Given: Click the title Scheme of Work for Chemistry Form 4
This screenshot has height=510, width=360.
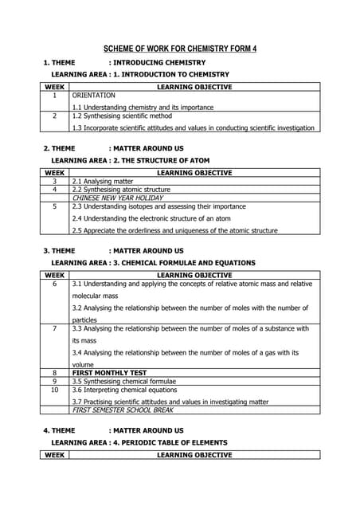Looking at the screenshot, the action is point(181,49).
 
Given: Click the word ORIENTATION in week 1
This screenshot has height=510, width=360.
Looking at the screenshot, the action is point(93,95).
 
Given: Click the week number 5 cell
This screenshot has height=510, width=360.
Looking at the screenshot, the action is point(54,206).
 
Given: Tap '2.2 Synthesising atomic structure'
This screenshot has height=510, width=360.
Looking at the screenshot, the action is point(121,190).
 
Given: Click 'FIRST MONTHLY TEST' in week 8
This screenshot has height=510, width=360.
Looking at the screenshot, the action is point(109,372).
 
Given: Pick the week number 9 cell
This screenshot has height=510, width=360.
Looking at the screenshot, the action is point(54,381).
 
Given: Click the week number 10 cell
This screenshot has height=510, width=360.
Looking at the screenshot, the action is point(54,390).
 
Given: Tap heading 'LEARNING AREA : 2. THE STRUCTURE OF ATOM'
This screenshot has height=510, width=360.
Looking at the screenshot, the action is point(130,160).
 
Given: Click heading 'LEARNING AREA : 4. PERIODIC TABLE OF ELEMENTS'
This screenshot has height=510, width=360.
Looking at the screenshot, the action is point(139,442).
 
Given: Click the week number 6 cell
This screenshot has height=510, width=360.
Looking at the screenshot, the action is point(54,284).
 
